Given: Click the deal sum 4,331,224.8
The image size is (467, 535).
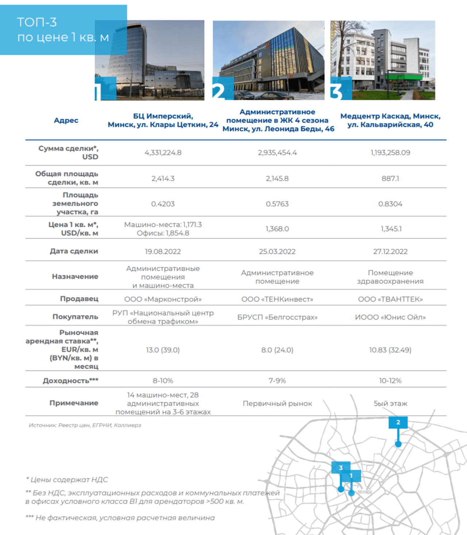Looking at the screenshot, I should click(x=163, y=153).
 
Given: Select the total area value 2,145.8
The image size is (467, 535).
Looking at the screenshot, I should click(x=277, y=179).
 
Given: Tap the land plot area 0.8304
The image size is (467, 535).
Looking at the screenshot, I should click(x=390, y=204).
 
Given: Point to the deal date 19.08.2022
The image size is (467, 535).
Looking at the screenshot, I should click(x=163, y=252).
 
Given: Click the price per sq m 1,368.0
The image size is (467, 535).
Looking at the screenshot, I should click(x=277, y=229).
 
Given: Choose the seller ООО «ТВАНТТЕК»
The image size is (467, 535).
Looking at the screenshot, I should click(x=390, y=299).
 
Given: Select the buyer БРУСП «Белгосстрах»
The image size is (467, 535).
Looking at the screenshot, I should click(x=277, y=317).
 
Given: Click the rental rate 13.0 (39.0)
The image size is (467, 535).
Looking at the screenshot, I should click(x=163, y=350).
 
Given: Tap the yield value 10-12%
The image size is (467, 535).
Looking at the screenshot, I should click(x=390, y=381).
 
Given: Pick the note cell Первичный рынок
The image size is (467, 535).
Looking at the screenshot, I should click(x=277, y=404).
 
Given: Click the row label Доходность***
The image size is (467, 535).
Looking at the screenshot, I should click(x=70, y=381).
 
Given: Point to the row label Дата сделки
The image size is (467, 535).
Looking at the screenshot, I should click(x=74, y=251).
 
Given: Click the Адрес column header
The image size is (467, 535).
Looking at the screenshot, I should click(x=66, y=120).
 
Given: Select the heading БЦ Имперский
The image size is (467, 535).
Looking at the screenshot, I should click(x=163, y=116).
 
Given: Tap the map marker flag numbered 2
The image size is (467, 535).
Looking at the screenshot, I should click(x=398, y=422).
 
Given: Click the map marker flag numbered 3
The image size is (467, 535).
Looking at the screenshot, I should click(x=341, y=468).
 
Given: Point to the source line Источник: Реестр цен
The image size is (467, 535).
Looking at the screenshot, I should click(x=85, y=425).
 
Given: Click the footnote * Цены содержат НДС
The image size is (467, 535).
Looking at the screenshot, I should click(x=67, y=480).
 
